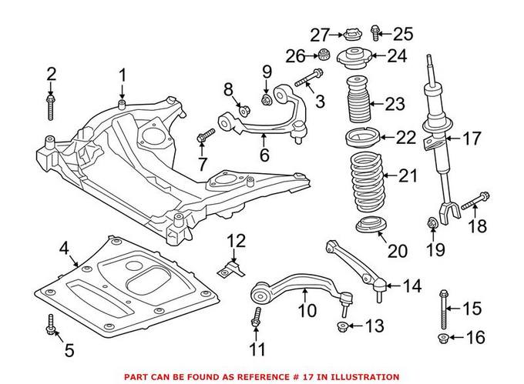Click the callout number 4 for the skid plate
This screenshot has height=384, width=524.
pos(64,248)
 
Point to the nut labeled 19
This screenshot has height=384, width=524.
pos(432,224)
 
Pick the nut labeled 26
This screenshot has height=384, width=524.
pos(324,55)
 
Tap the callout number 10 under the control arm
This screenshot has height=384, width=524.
pos(306,312)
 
